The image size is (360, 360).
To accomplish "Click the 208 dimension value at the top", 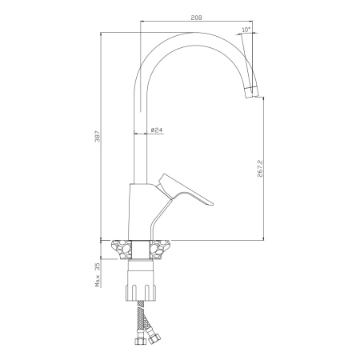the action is pos(196,18).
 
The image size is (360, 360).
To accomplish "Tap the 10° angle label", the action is pos(246,30).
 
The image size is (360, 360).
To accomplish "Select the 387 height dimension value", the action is pos(98,136).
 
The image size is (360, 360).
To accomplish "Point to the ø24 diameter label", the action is pos(157,130).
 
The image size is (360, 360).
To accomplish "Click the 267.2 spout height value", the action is pos(260,169).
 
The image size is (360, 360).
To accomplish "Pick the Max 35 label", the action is pos(98,275).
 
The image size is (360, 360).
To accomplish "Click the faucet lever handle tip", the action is pos(212,204).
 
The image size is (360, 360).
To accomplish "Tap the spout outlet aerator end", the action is pos(252,92).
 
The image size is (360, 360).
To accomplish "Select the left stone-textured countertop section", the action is pos(122,250).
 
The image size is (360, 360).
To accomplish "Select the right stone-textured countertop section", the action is pos(161,250).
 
